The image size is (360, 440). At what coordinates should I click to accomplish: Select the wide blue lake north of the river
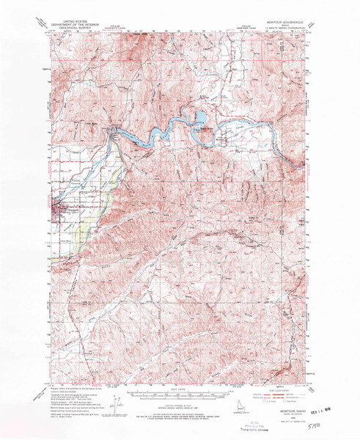tap(198, 117)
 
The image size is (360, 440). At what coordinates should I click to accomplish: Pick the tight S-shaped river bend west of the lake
tap(160, 133)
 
